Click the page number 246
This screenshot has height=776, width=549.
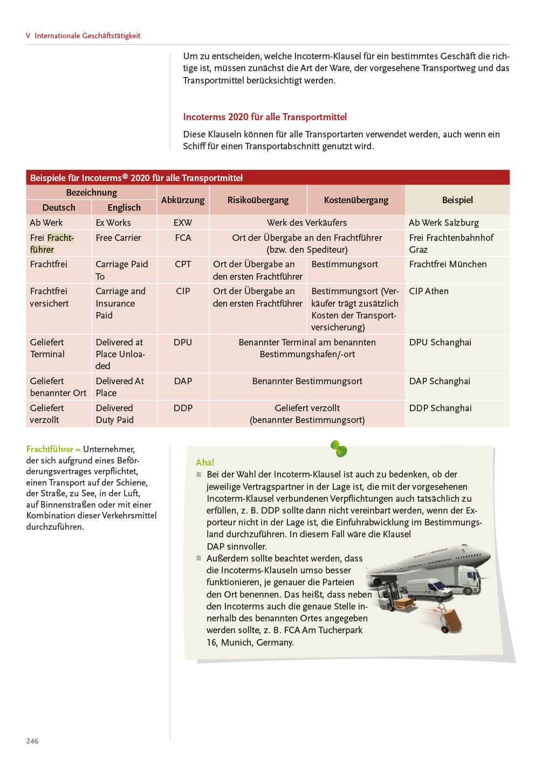[32, 741]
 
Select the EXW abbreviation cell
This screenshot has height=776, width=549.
[183, 223]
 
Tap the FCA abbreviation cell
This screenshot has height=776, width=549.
[183, 238]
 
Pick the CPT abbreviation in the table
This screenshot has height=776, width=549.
[183, 264]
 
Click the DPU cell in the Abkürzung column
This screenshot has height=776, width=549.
[183, 342]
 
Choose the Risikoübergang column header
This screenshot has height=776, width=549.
[258, 200]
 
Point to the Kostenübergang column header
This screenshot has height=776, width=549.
[356, 200]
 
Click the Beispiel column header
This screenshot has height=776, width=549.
[457, 200]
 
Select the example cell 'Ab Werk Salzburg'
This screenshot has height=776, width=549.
[444, 223]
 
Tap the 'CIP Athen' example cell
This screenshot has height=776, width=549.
[429, 291]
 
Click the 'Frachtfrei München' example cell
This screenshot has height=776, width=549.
[448, 264]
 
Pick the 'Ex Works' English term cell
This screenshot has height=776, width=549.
[113, 223]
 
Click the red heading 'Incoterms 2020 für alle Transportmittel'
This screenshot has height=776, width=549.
[265, 117]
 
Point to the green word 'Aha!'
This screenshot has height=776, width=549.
[205, 462]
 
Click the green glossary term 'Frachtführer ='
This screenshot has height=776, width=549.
[53, 449]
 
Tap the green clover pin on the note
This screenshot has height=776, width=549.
[339, 448]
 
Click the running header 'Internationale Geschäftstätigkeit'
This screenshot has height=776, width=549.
[87, 36]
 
